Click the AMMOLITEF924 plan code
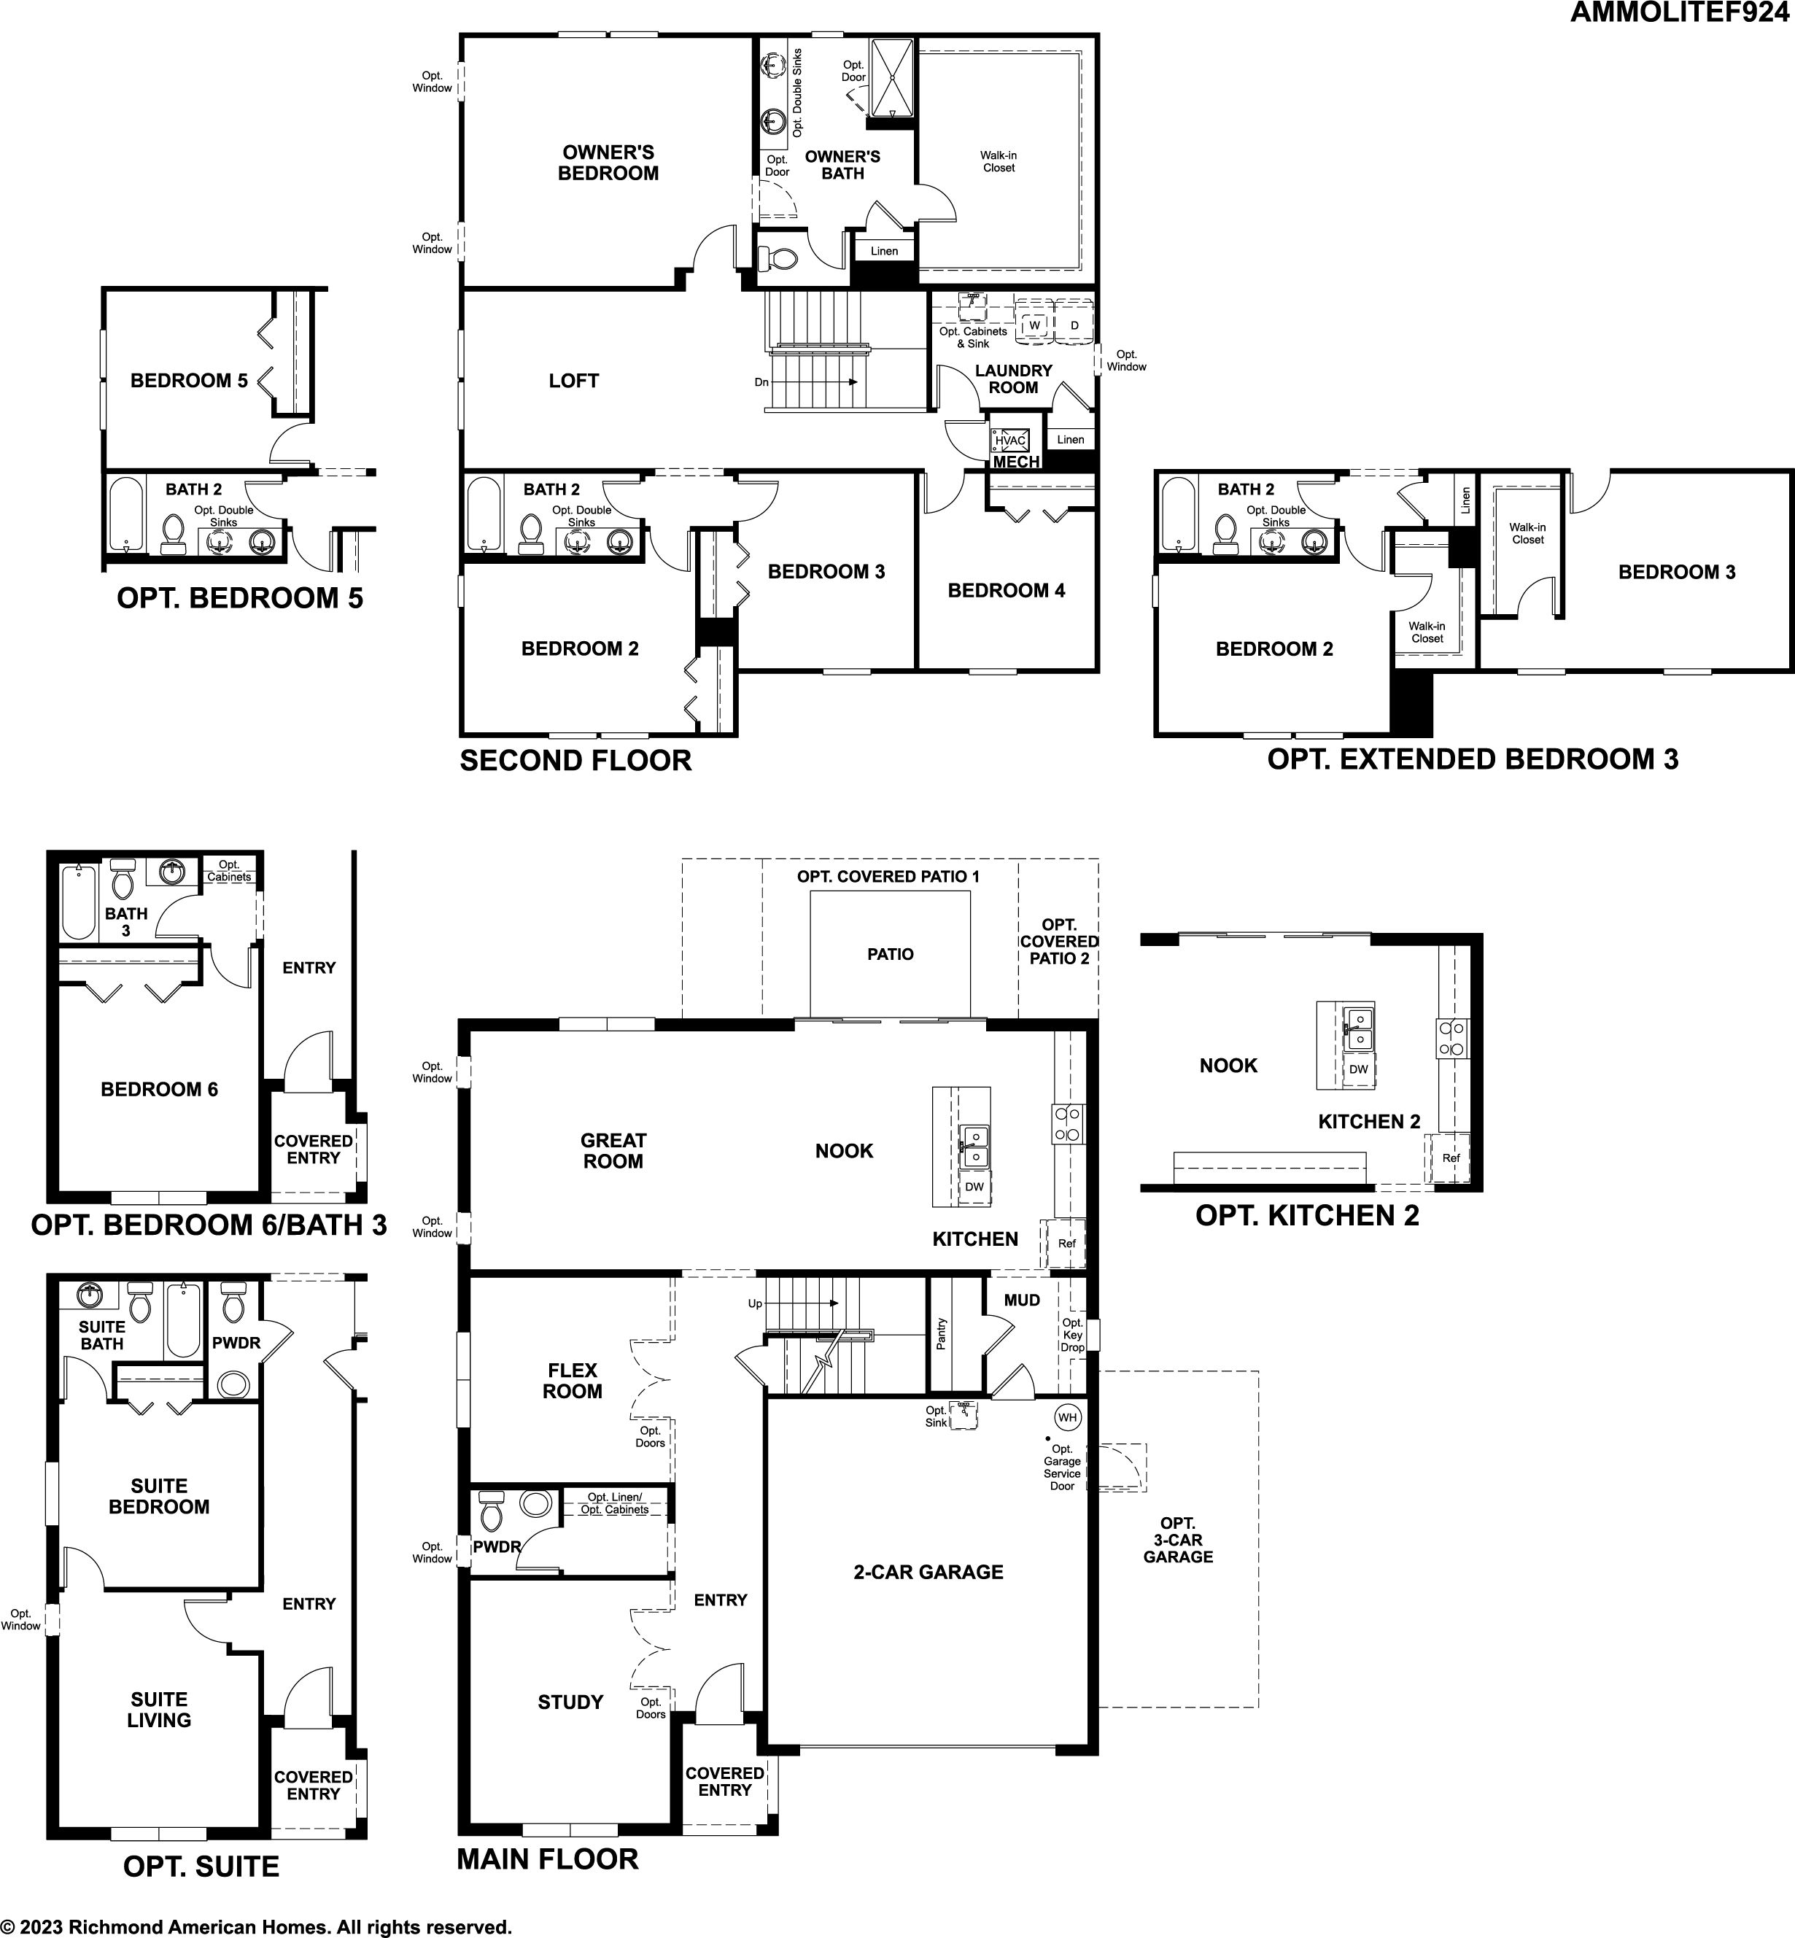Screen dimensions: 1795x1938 click(1681, 12)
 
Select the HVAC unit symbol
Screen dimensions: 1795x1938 click(1010, 440)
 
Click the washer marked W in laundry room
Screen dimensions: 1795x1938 click(1036, 325)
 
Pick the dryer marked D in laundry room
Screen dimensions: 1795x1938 click(1074, 325)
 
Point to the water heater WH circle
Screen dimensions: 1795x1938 click(1069, 1417)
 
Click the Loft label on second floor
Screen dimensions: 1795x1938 click(573, 381)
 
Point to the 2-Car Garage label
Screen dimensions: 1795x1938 click(928, 1572)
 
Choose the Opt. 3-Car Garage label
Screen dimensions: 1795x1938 click(1178, 1540)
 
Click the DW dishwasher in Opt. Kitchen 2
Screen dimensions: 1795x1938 click(1359, 1069)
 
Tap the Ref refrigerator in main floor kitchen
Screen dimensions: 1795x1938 click(1066, 1244)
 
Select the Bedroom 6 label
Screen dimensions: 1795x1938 click(159, 1089)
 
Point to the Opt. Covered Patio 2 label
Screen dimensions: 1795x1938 click(1059, 942)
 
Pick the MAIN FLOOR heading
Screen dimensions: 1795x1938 click(548, 1858)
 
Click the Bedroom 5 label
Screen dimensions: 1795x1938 click(190, 381)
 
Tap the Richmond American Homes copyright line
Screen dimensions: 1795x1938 click(255, 1926)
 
